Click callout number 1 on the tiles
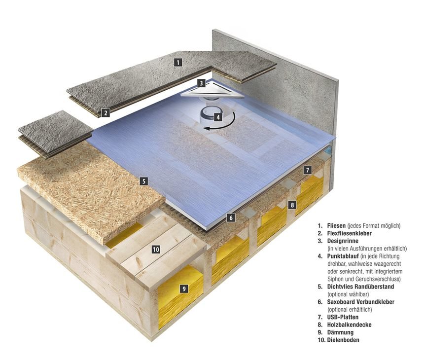[178, 63]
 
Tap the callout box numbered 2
[105, 113]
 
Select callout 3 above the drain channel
[201, 83]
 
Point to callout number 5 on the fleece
[143, 181]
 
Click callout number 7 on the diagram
[307, 170]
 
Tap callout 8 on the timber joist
[292, 204]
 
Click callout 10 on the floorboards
[156, 250]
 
